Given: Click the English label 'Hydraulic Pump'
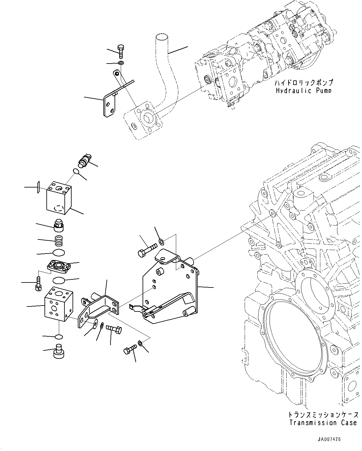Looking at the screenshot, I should point(303,90).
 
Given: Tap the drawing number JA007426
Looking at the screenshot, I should point(329,439).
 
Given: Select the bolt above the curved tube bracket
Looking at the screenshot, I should point(121,51).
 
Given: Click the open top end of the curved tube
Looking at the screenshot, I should point(161,38).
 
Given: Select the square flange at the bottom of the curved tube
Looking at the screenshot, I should point(143,121).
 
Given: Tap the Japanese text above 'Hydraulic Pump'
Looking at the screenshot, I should point(303,83).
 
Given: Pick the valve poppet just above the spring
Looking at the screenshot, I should point(59,225).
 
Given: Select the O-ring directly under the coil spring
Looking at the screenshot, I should point(59,252).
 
